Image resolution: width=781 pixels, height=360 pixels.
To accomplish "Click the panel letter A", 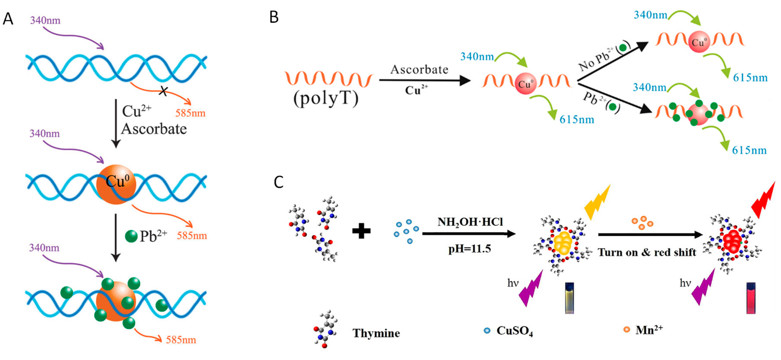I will (8, 19).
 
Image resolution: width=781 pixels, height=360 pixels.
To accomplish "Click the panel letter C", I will (278, 182).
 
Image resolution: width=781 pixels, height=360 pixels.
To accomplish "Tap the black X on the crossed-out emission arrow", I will (163, 91).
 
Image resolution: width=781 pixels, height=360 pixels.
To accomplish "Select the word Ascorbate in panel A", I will (154, 129).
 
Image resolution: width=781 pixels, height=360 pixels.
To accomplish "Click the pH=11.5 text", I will (469, 249).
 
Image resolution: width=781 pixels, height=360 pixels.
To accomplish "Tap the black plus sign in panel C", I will (361, 231).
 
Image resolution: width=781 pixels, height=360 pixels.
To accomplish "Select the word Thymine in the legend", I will (376, 333).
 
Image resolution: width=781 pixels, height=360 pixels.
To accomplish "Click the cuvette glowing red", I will (751, 298).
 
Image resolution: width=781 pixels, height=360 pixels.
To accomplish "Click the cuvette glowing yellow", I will (569, 298).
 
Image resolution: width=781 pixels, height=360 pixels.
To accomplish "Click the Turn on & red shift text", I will (647, 252).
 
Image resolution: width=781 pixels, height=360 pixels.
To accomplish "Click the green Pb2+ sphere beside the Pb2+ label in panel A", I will (131, 236).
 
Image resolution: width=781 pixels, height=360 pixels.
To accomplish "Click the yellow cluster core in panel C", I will (563, 243).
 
